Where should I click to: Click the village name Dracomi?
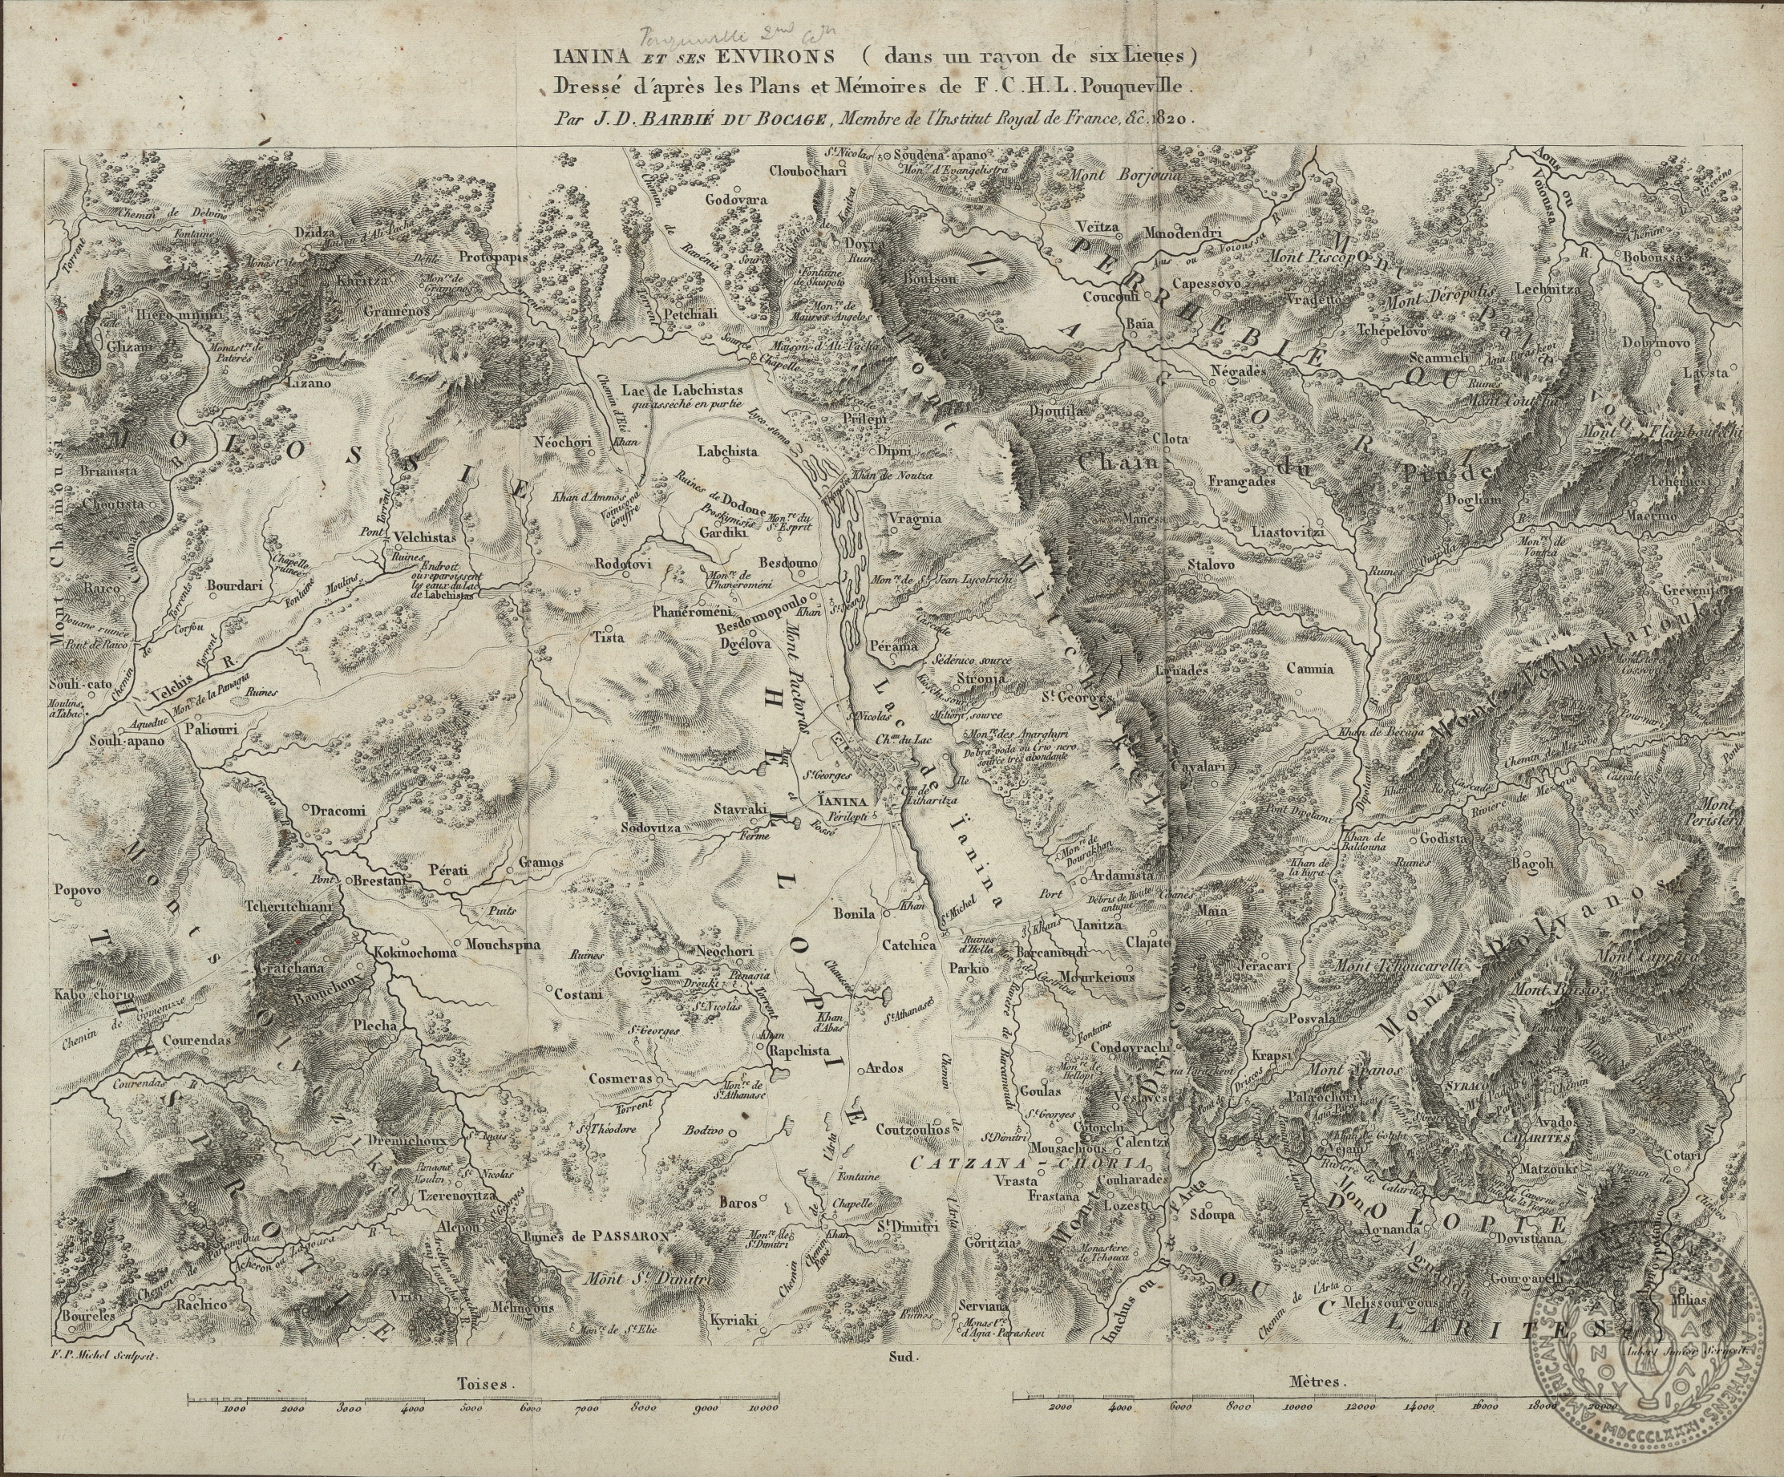(x=338, y=811)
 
